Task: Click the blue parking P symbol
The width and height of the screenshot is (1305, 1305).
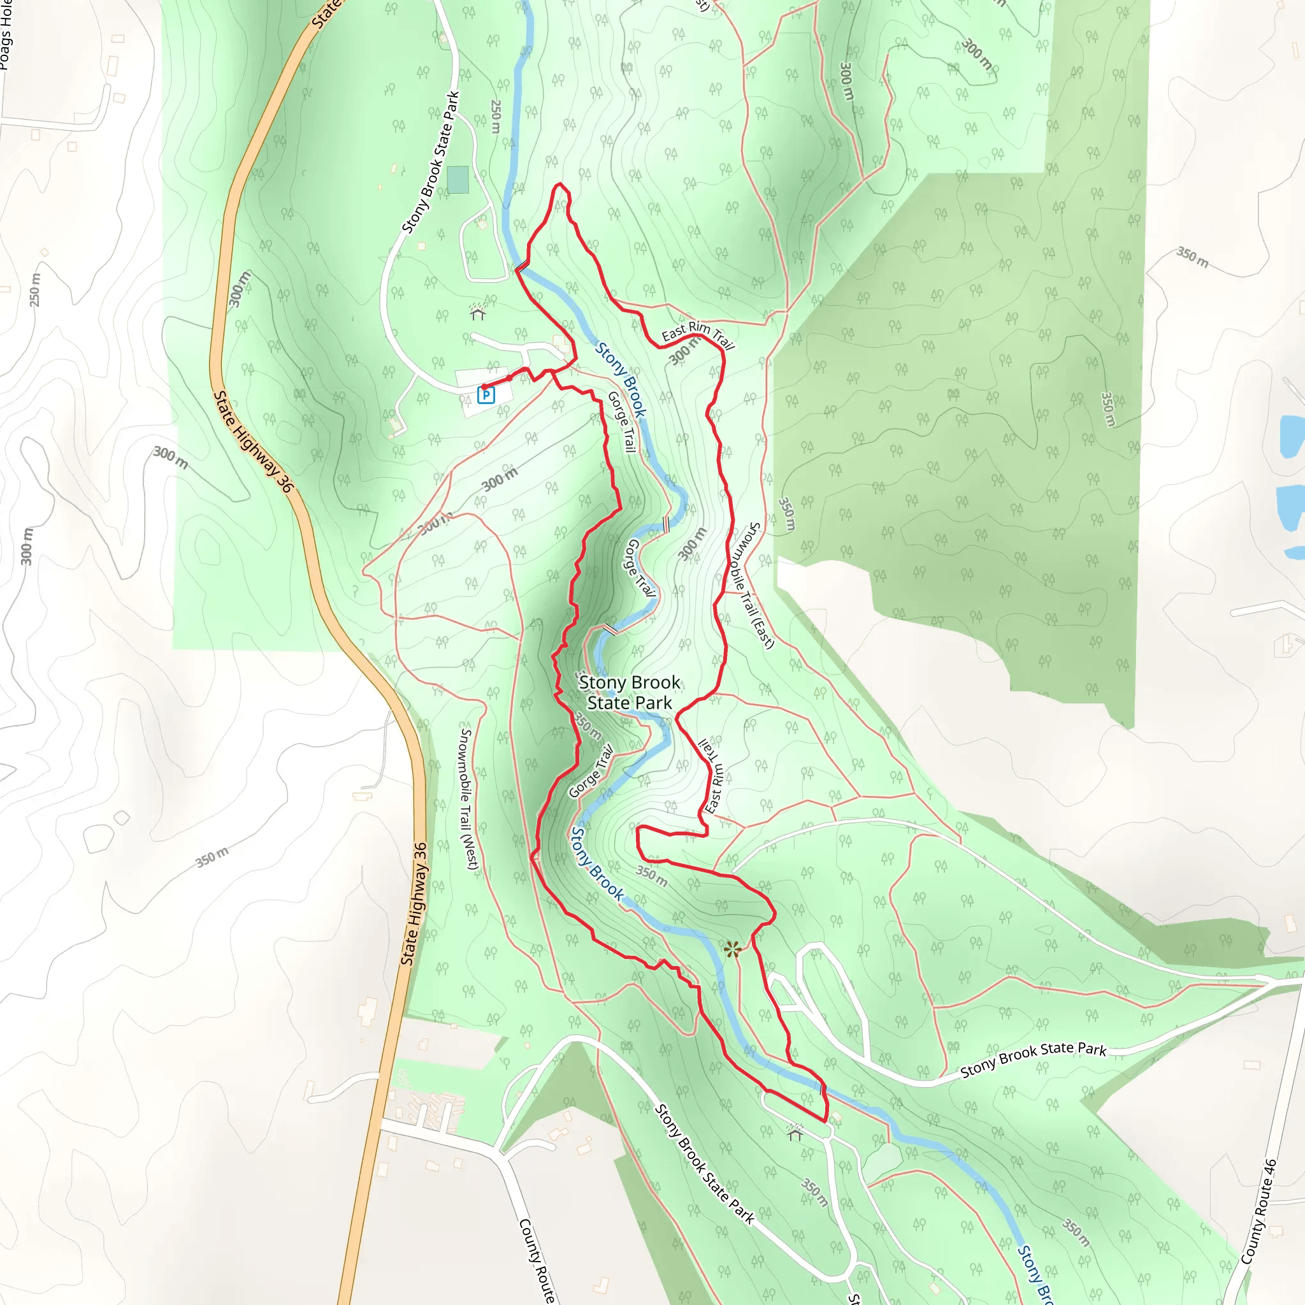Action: click(486, 394)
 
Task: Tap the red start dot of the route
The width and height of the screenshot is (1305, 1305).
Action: click(484, 387)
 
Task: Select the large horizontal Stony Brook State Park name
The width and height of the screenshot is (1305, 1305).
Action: click(630, 693)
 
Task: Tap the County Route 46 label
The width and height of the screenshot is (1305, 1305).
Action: click(1260, 1212)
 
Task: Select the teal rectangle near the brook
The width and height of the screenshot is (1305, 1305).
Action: click(458, 180)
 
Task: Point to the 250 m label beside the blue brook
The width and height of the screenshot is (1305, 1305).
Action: click(496, 116)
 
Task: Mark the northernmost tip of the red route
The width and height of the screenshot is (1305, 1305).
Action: click(559, 183)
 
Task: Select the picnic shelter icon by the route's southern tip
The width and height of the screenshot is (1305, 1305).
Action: click(795, 1132)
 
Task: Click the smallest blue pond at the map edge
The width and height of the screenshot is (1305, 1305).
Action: click(1294, 553)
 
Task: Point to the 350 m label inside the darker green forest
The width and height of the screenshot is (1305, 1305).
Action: click(1107, 408)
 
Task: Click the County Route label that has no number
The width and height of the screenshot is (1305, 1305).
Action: click(537, 1260)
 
